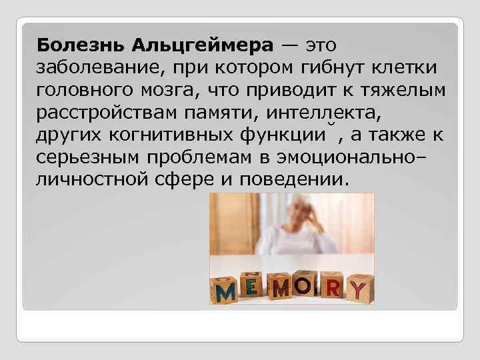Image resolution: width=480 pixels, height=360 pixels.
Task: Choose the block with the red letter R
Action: click(x=331, y=287)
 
